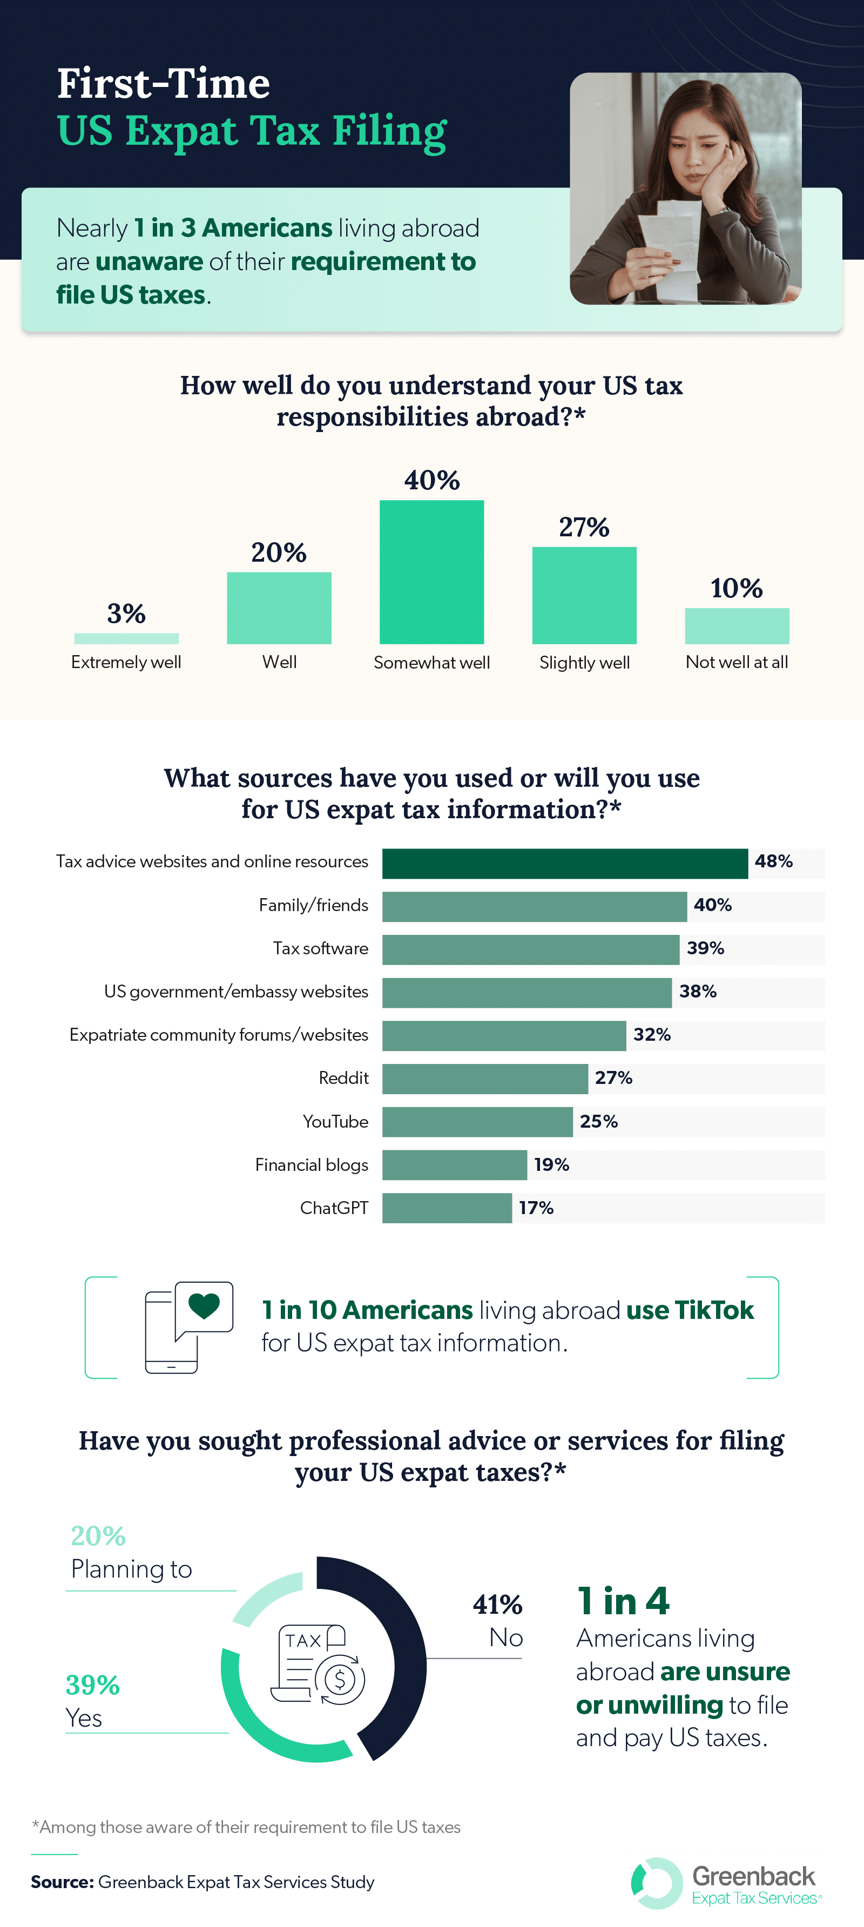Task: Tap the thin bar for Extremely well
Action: click(126, 638)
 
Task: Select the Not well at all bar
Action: click(737, 625)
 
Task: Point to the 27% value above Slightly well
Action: click(584, 527)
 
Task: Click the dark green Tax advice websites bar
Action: click(565, 863)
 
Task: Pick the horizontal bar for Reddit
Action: click(485, 1079)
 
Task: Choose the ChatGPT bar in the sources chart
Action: click(447, 1208)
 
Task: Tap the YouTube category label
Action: click(335, 1121)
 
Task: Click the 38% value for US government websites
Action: click(697, 992)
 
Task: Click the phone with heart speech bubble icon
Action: click(188, 1327)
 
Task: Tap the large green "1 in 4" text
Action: click(623, 1601)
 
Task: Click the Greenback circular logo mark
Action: click(657, 1883)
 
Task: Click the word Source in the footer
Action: click(62, 1882)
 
